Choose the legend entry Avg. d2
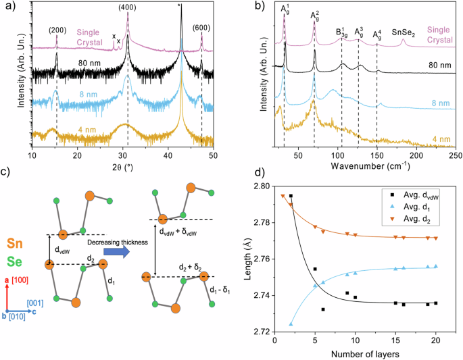coord(408,220)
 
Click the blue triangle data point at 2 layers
coord(291,324)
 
